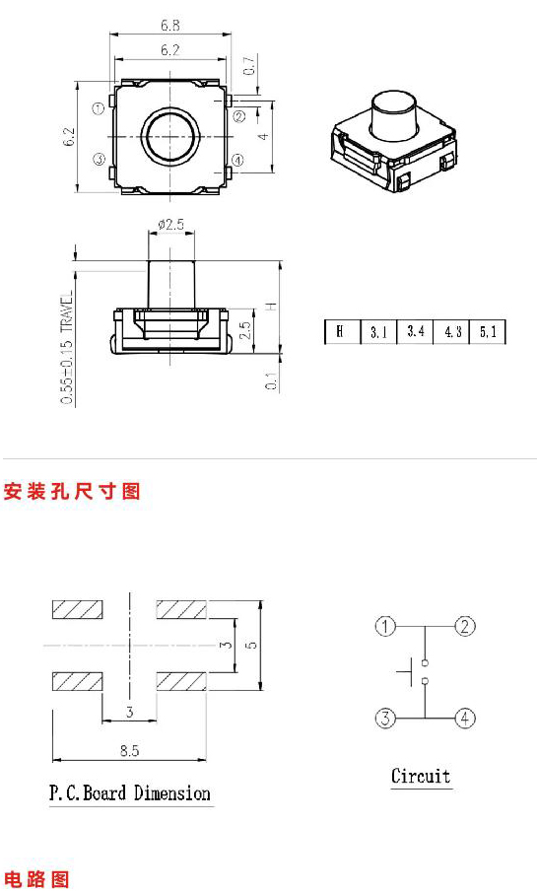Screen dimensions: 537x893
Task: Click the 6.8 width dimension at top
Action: [x=169, y=26]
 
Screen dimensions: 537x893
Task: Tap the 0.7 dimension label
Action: [x=250, y=65]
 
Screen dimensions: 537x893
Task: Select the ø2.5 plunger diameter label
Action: [x=170, y=224]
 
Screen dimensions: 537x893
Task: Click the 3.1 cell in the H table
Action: [x=378, y=332]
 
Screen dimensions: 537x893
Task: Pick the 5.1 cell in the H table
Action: [x=488, y=332]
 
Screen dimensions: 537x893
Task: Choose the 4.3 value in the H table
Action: [x=452, y=332]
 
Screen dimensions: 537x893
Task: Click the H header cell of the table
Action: [x=340, y=331]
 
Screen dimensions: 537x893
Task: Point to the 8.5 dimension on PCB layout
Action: [x=129, y=751]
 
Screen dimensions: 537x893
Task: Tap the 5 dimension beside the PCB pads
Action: [x=251, y=645]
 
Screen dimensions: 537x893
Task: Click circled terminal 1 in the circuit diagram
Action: [x=385, y=627]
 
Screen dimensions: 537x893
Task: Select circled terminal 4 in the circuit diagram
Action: [x=465, y=719]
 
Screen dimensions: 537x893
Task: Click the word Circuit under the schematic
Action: [x=421, y=776]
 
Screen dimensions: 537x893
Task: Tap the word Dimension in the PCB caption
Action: [x=172, y=793]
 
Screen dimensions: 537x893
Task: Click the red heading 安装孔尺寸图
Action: [x=72, y=491]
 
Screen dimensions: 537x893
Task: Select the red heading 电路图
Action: [x=37, y=879]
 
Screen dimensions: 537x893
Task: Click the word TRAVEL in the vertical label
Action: [x=67, y=312]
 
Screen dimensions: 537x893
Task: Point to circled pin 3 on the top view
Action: [x=100, y=160]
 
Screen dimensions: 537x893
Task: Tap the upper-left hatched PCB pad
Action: [x=78, y=610]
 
